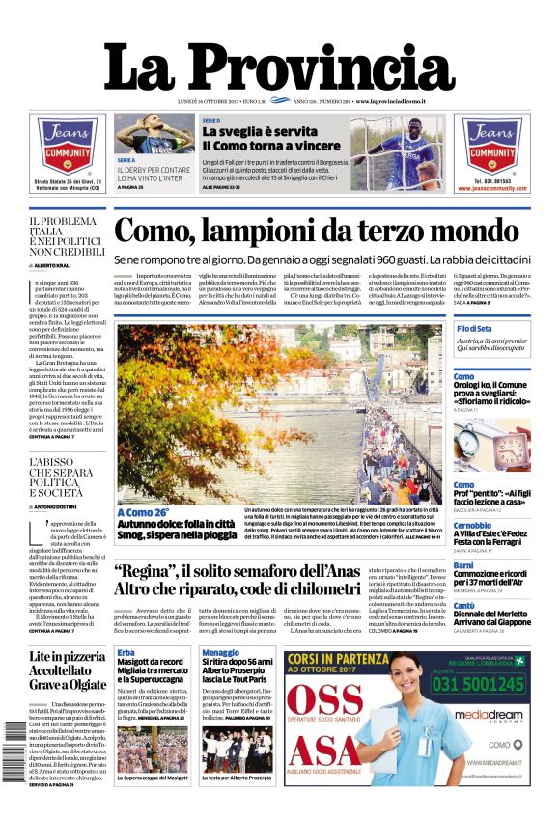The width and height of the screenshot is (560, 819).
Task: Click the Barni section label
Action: [463, 565]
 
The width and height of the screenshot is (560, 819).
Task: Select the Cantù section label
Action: [464, 606]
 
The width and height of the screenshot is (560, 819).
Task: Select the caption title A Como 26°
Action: [143, 512]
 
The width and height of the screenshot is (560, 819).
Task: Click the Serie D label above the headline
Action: [210, 121]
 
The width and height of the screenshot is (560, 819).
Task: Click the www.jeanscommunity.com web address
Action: [490, 189]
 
